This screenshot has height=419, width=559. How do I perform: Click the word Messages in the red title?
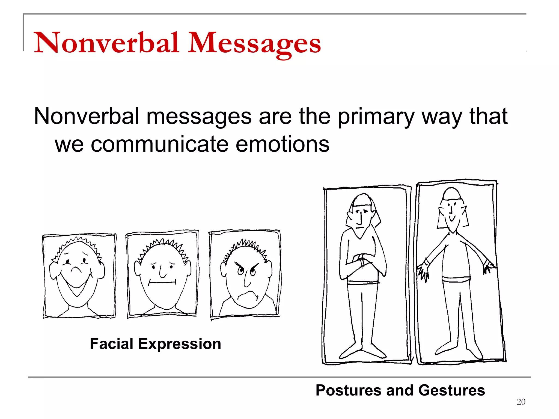pyautogui.click(x=254, y=43)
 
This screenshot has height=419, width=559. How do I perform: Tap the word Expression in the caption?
pyautogui.click(x=180, y=344)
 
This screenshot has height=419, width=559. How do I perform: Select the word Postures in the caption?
pyautogui.click(x=348, y=390)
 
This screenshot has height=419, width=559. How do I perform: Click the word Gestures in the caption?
pyautogui.click(x=451, y=390)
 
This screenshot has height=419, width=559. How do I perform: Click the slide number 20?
pyautogui.click(x=521, y=402)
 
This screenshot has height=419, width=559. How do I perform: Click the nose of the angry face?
pyautogui.click(x=247, y=281)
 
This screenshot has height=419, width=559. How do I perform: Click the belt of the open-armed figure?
pyautogui.click(x=456, y=280)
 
